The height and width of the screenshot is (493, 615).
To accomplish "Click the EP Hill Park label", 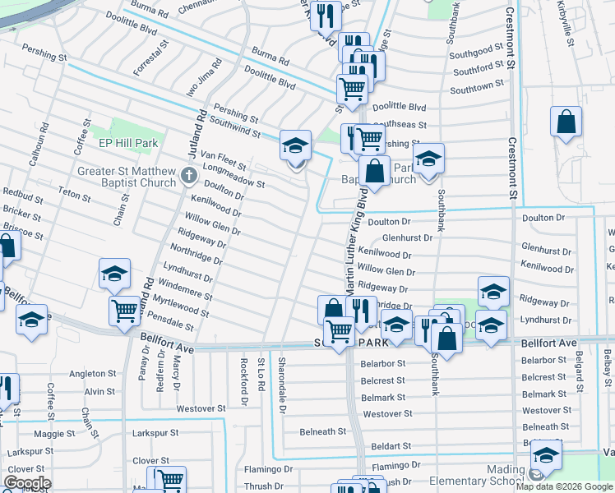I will point(128,143).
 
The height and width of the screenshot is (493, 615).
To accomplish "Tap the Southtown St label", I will point(477,87).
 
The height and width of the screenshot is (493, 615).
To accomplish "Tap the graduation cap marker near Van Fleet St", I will point(296,146).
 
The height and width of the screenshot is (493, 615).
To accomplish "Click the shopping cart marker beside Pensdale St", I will point(125,311).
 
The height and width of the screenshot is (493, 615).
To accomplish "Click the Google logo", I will point(28,483).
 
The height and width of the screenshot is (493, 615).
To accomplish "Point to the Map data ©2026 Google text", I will point(564,486).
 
